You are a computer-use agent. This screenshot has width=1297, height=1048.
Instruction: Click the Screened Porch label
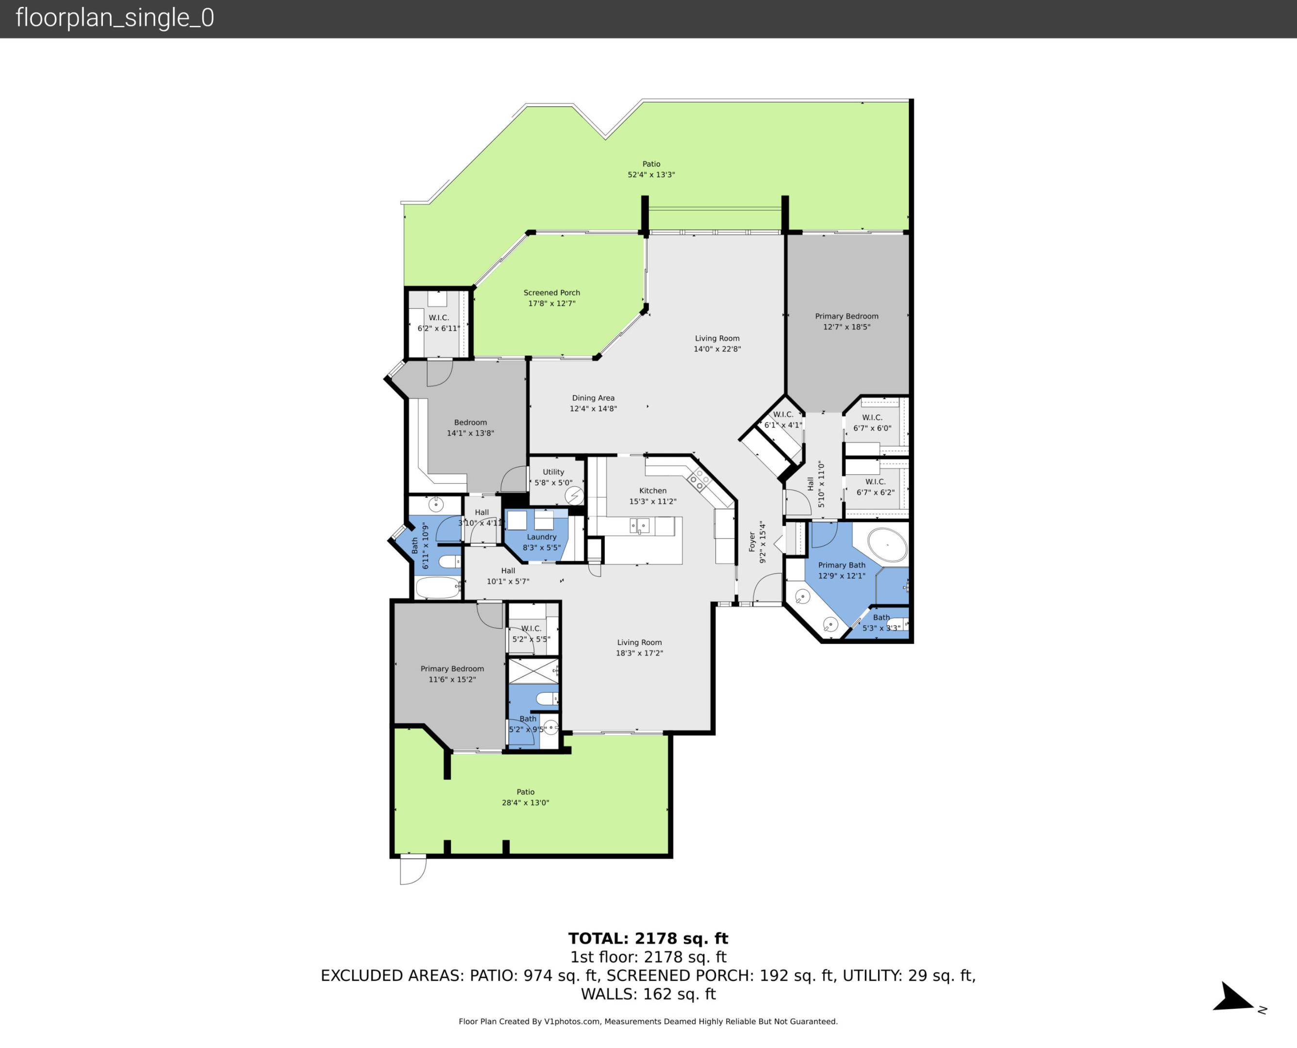pyautogui.click(x=551, y=293)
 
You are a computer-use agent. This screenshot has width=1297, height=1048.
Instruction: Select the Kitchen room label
pyautogui.click(x=653, y=491)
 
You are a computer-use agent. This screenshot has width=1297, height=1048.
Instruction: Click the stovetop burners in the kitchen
pyautogui.click(x=698, y=479)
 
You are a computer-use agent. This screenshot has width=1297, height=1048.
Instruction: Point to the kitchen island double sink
pyautogui.click(x=639, y=526)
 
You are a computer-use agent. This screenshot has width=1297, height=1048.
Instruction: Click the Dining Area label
pyautogui.click(x=593, y=398)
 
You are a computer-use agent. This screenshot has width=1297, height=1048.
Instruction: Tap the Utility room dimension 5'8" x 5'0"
pyautogui.click(x=553, y=483)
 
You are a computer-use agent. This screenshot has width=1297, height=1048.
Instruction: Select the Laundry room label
pyautogui.click(x=542, y=537)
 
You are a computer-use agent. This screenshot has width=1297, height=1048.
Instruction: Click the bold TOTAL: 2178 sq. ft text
pyautogui.click(x=648, y=939)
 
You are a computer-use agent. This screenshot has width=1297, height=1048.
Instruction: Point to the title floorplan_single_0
pyautogui.click(x=115, y=18)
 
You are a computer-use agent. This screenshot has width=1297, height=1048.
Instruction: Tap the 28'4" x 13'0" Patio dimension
pyautogui.click(x=525, y=802)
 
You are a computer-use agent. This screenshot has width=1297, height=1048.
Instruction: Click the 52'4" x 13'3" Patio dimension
pyautogui.click(x=651, y=175)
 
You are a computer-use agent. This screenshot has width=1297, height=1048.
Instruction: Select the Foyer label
pyautogui.click(x=752, y=541)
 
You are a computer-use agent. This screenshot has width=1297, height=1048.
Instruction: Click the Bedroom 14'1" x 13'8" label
pyautogui.click(x=470, y=427)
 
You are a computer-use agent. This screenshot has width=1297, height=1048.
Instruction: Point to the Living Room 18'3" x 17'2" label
pyautogui.click(x=639, y=647)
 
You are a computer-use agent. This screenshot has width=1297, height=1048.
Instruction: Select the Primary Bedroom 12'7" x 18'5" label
pyautogui.click(x=847, y=321)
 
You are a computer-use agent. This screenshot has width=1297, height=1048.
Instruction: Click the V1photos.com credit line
pyautogui.click(x=648, y=1021)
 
